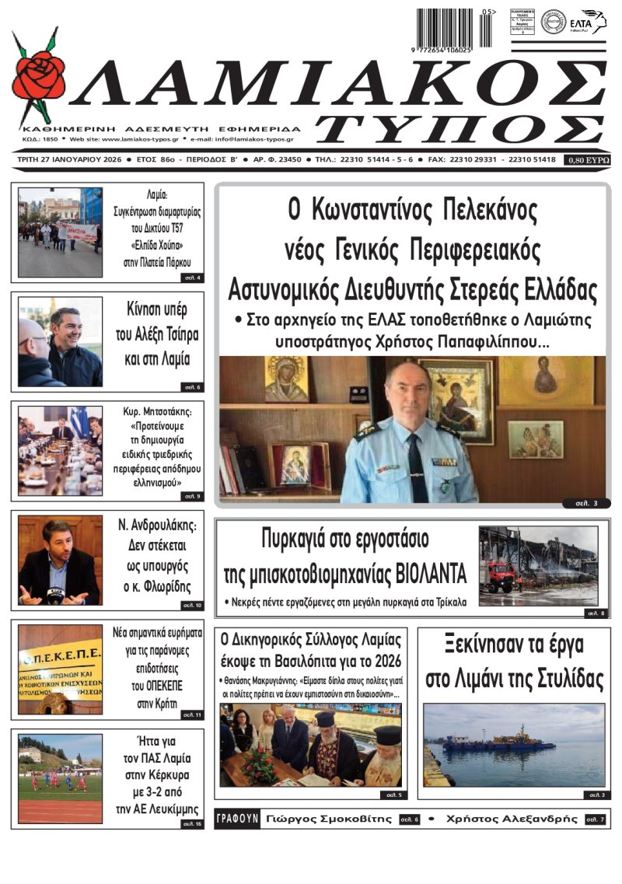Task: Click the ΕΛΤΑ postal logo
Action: (x=587, y=21)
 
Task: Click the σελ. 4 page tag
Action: (x=191, y=278)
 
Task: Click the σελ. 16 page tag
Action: (x=191, y=823)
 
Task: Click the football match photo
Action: (x=61, y=777)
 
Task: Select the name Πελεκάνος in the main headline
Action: (x=479, y=211)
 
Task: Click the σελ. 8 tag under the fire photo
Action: (x=596, y=613)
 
